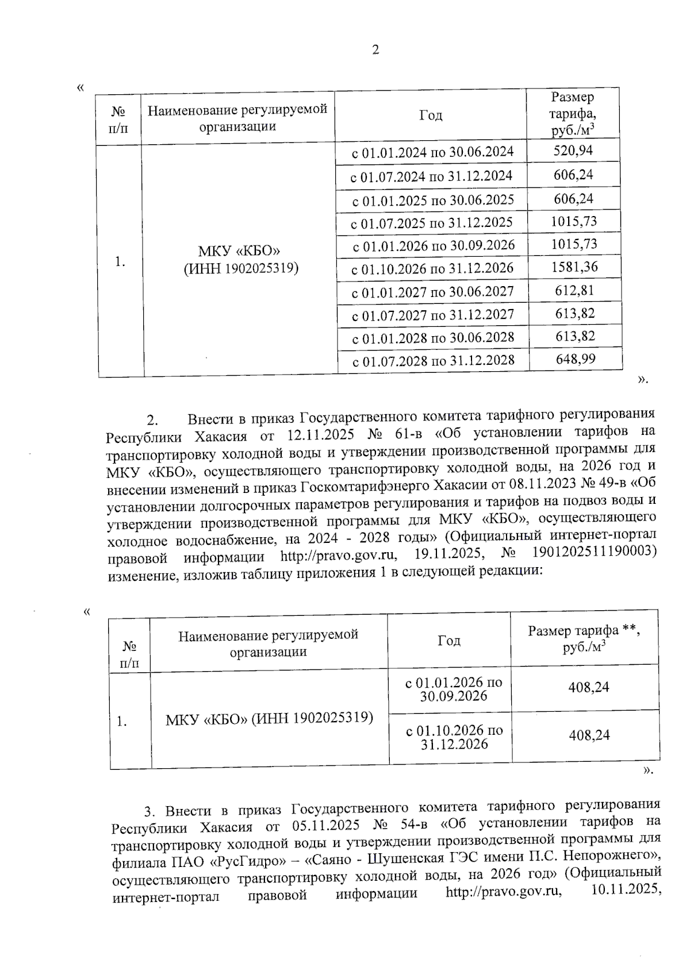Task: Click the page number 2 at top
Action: (375, 51)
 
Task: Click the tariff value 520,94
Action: (573, 151)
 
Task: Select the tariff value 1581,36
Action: (574, 267)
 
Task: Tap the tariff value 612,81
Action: (574, 291)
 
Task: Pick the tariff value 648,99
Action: (575, 360)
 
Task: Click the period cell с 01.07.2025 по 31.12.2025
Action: (431, 223)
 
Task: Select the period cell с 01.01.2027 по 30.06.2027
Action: (432, 292)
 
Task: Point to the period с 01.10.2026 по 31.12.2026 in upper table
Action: (432, 269)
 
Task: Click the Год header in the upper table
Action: (431, 115)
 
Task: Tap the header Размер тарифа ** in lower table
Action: (584, 631)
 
